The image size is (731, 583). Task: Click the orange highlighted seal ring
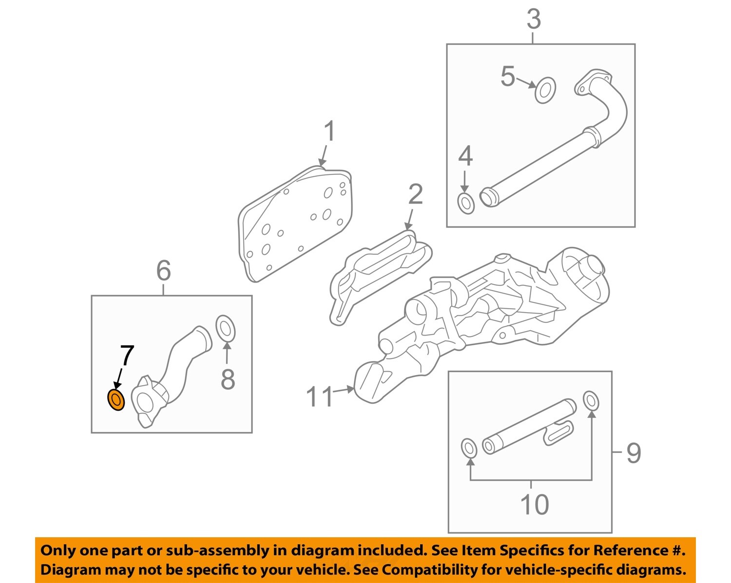pyautogui.click(x=115, y=400)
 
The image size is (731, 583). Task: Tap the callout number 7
pyautogui.click(x=127, y=356)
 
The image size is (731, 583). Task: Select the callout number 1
pyautogui.click(x=330, y=132)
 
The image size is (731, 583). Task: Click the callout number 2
pyautogui.click(x=415, y=194)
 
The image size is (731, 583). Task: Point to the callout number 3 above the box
pyautogui.click(x=534, y=19)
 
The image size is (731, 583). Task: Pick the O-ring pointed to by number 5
pyautogui.click(x=545, y=90)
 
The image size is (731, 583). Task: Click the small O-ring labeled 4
pyautogui.click(x=466, y=203)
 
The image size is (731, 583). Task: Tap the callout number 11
pyautogui.click(x=319, y=396)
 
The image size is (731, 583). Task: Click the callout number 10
pyautogui.click(x=534, y=504)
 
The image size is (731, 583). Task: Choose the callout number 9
pyautogui.click(x=633, y=453)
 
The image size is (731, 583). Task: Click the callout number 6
pyautogui.click(x=163, y=270)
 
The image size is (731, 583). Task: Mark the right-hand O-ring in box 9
pyautogui.click(x=591, y=400)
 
